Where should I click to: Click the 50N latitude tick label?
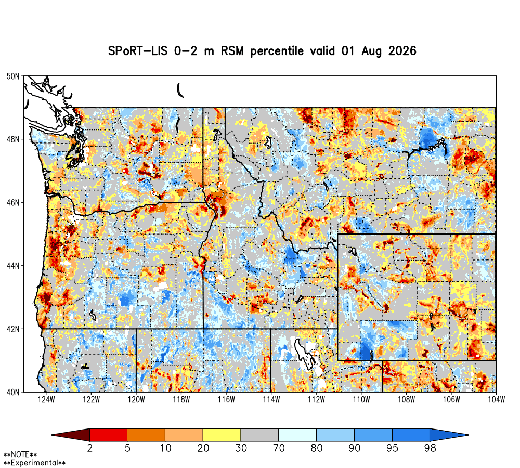tap(13, 76)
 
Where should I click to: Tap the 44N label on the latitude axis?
tap(13, 266)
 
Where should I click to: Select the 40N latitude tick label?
tap(13, 392)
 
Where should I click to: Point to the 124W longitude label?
tap(46, 400)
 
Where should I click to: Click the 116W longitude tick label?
tap(226, 400)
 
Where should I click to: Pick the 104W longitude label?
tap(496, 400)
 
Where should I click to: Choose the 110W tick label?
tap(361, 400)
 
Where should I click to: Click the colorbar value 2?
tap(89, 448)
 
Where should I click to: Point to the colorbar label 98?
tap(430, 448)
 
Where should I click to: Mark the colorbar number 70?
tap(279, 448)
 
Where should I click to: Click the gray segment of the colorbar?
tap(259, 435)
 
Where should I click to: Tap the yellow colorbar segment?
tap(222, 435)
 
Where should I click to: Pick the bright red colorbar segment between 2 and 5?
tap(109, 435)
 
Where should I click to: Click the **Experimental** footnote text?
tap(34, 463)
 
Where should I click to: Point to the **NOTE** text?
tap(20, 454)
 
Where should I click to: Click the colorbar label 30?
tap(241, 448)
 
